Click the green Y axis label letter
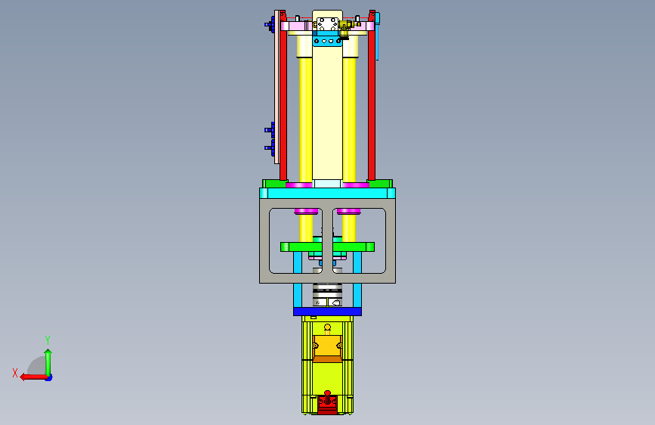tap(48, 340)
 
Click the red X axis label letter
tap(15, 373)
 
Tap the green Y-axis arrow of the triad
tap(48, 363)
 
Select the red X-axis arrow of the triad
tap(33, 377)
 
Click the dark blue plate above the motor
tap(328, 312)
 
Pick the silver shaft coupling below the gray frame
tap(328, 296)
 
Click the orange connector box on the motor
tap(328, 348)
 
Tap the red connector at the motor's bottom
tap(328, 402)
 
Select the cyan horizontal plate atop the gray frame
tap(328, 194)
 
